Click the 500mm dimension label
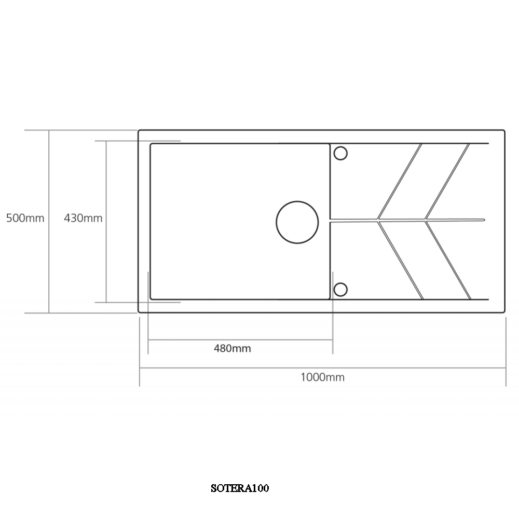[x=25, y=218]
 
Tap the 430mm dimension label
[x=83, y=218]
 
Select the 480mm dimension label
[x=232, y=348]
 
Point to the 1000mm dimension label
[x=322, y=377]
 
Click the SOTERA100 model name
[x=240, y=488]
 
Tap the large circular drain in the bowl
[x=297, y=221]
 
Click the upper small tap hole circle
[x=340, y=153]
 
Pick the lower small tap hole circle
[x=340, y=290]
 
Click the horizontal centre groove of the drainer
[x=407, y=220]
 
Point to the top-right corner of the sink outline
[x=504, y=131]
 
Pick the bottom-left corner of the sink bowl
[x=151, y=298]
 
